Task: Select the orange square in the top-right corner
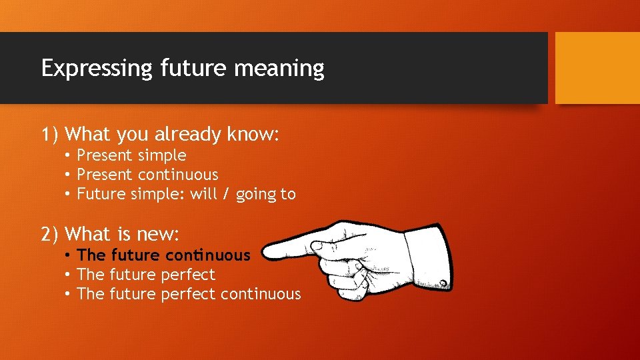pos(597,68)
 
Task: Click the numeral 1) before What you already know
pos(51,135)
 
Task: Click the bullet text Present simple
pos(131,155)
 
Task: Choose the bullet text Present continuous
pos(147,175)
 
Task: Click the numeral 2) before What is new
pos(51,234)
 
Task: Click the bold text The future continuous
pos(163,255)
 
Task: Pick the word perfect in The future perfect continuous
pos(188,294)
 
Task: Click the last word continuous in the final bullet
pos(261,294)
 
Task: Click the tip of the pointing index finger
pos(265,251)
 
